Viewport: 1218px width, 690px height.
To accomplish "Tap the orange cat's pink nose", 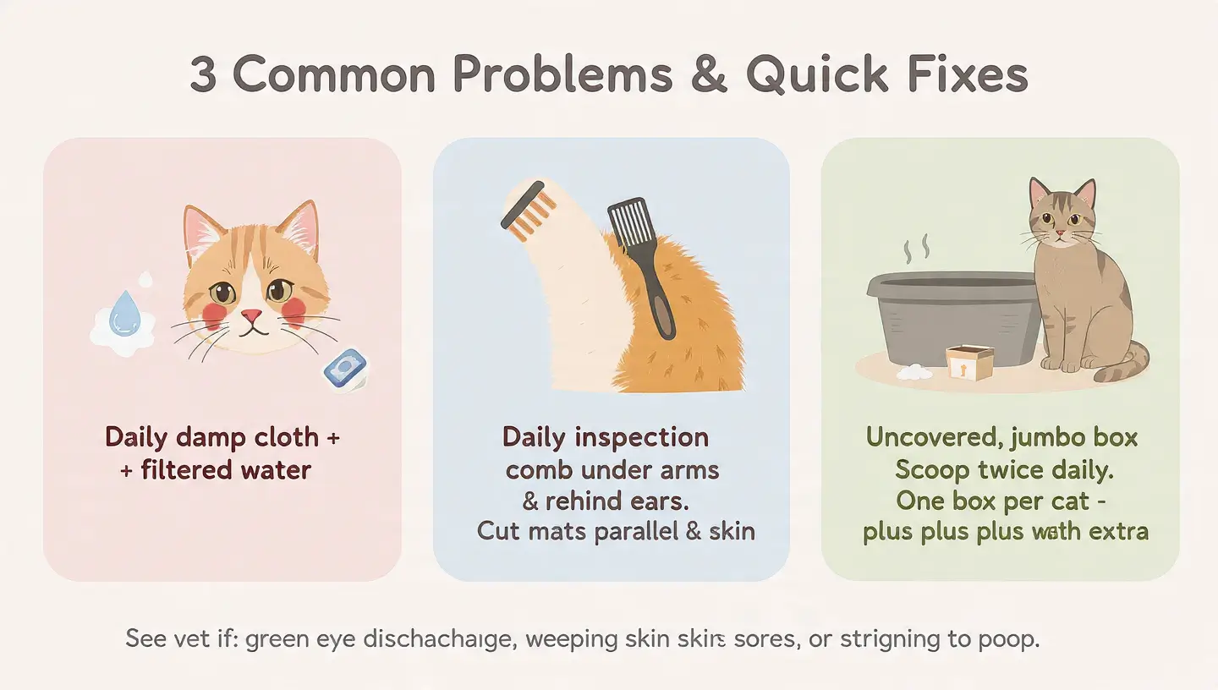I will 250,316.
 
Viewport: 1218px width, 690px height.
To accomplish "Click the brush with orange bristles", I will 529,208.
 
